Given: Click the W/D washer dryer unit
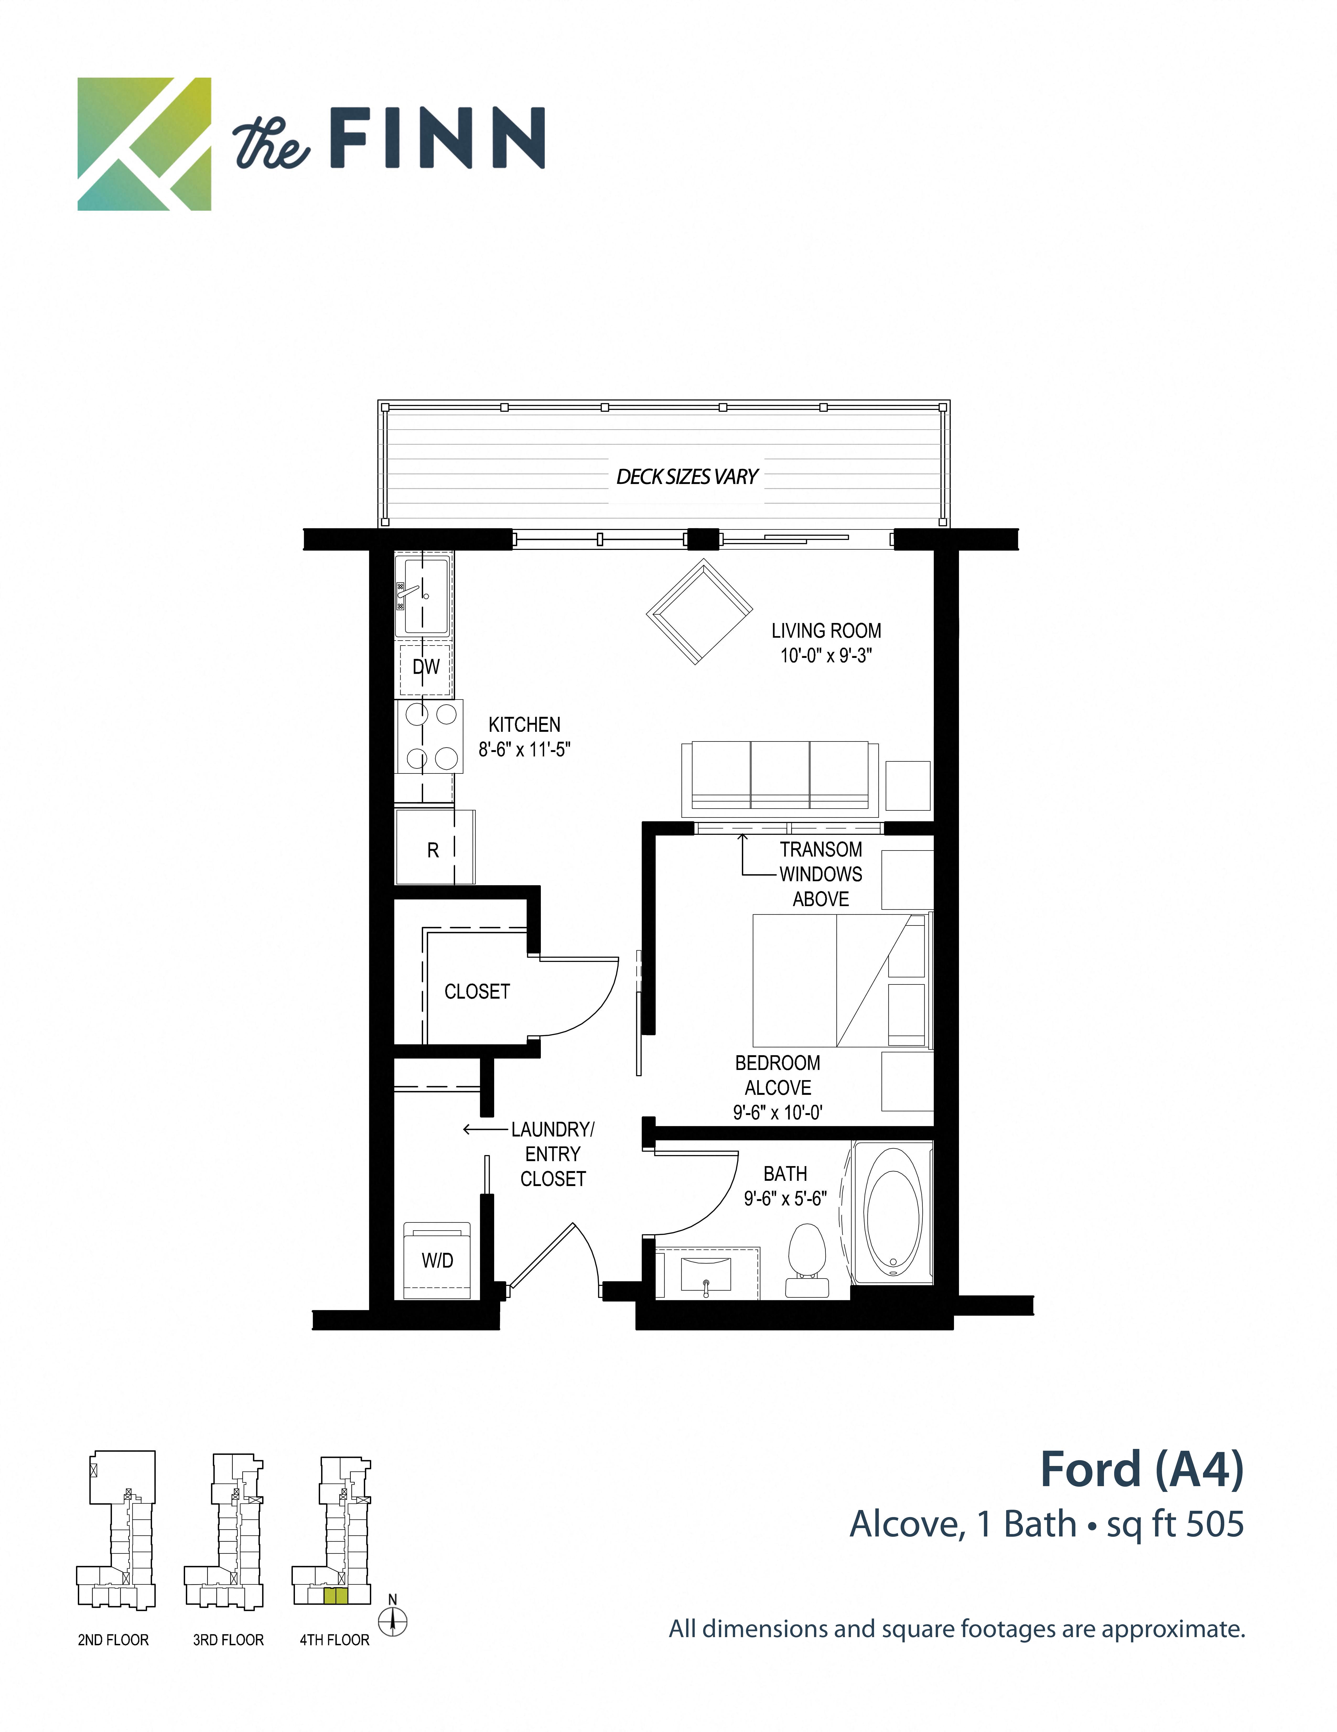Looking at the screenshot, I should point(437,1260).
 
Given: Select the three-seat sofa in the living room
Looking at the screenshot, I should point(779,777).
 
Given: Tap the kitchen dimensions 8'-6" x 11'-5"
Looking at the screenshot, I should point(524,749).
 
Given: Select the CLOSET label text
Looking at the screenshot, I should point(477,991).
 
